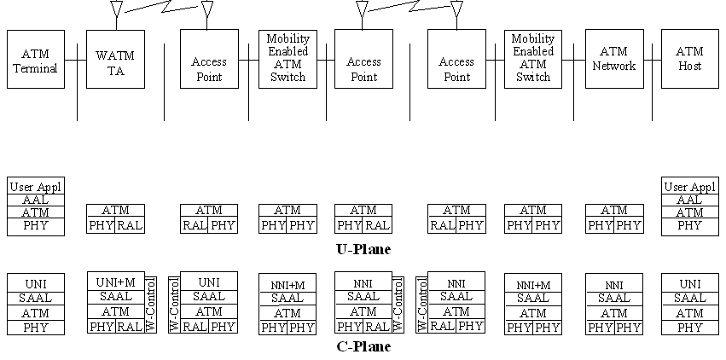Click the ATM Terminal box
pyautogui.click(x=36, y=60)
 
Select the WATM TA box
pyautogui.click(x=115, y=60)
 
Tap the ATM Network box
pyautogui.click(x=613, y=60)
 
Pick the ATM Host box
pyautogui.click(x=689, y=60)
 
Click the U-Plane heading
pyautogui.click(x=363, y=249)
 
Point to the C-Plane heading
pyautogui.click(x=363, y=347)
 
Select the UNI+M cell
pyautogui.click(x=116, y=282)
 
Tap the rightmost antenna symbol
pyautogui.click(x=456, y=9)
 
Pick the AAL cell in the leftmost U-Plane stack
pyautogui.click(x=36, y=200)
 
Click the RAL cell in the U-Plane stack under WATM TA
pyautogui.click(x=130, y=226)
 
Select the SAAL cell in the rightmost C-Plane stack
pyautogui.click(x=689, y=298)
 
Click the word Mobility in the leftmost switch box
pyautogui.click(x=287, y=39)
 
